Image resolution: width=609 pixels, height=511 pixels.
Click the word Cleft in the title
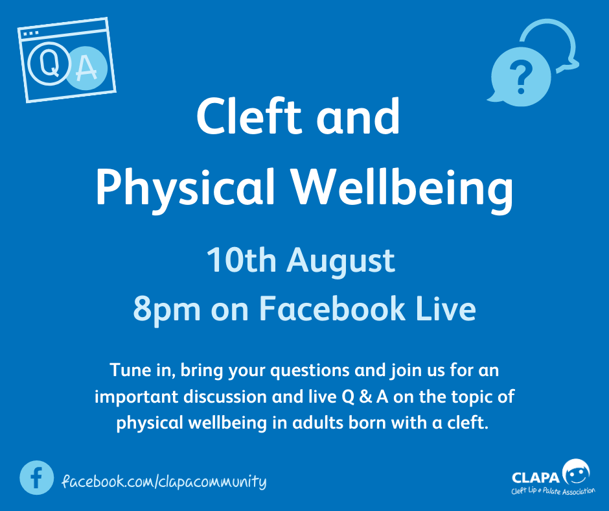249,116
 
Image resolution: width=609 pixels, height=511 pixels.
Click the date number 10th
242,260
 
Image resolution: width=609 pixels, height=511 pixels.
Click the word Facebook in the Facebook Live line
332,308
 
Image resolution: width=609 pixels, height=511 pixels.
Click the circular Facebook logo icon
36,477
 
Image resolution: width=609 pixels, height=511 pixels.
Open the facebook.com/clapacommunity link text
164,481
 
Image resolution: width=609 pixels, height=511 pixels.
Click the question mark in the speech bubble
520,78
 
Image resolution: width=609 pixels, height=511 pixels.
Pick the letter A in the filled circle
86,69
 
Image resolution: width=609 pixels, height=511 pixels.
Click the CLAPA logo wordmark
536,477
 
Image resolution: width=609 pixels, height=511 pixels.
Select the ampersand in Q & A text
365,397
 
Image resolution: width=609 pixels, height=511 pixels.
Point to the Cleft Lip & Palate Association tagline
553,491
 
